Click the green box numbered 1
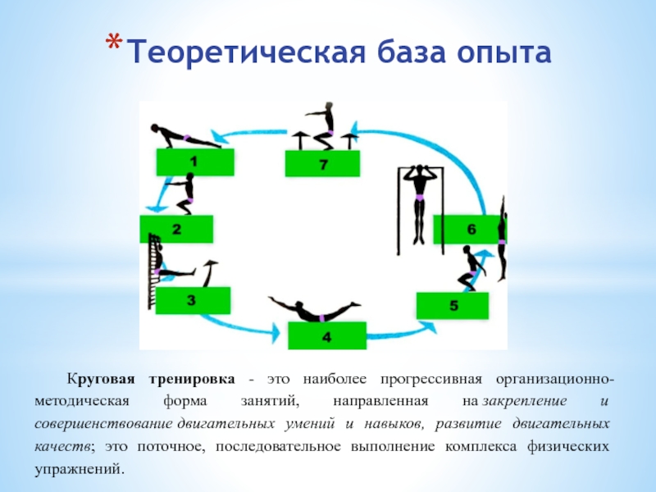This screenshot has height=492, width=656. pos(194,162)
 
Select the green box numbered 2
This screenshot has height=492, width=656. pos(176,230)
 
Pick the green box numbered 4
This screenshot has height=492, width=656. pos(326,336)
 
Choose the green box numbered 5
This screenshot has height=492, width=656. pos(453,305)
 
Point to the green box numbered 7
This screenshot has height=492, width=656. pos(323,164)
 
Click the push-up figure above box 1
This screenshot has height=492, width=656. pos(184,136)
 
